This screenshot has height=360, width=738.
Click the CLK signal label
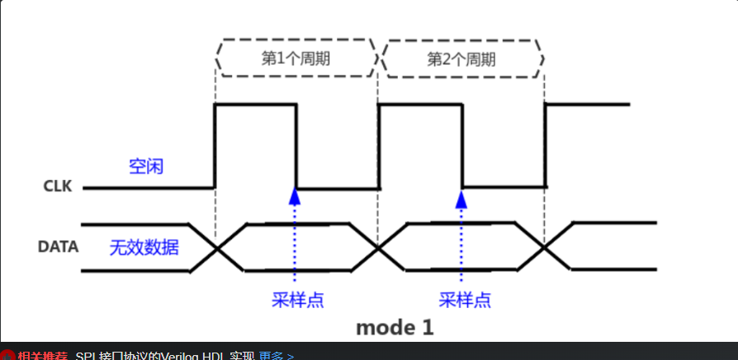click(x=58, y=187)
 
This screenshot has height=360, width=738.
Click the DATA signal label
click(x=59, y=246)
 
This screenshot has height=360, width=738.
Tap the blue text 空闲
click(x=146, y=166)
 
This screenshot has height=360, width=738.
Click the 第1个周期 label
click(x=296, y=59)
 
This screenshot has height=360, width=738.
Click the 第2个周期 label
click(x=461, y=59)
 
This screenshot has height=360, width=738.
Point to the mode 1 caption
click(x=395, y=327)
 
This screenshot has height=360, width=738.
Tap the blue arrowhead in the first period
click(x=294, y=197)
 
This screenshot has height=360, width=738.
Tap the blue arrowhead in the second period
click(x=461, y=197)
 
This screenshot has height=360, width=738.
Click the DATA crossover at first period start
click(x=216, y=247)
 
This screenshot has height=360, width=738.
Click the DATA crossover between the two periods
click(x=379, y=247)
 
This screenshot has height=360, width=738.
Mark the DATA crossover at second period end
click(x=544, y=247)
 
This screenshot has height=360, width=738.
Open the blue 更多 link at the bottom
click(x=276, y=355)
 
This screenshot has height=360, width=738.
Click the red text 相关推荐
click(x=43, y=355)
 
